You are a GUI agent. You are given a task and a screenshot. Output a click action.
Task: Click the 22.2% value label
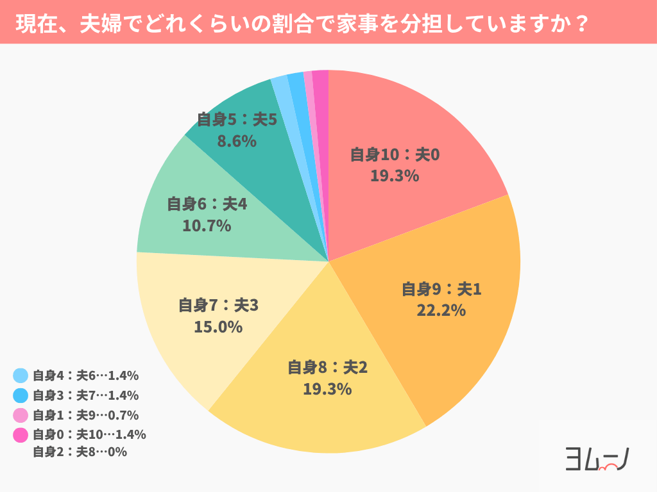click(x=441, y=311)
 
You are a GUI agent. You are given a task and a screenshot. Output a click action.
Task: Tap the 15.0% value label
click(x=218, y=327)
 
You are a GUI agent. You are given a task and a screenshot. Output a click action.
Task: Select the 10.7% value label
click(x=207, y=225)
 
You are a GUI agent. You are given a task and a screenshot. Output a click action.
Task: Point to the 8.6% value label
click(x=237, y=141)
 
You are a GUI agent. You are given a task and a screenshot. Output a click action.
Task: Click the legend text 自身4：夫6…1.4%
click(x=85, y=376)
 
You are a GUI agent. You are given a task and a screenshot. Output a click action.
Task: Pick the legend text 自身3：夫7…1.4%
click(x=85, y=395)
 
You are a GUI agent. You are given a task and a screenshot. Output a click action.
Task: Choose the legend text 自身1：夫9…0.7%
click(x=85, y=415)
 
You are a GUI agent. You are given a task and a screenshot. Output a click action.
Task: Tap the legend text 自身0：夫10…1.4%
click(x=89, y=434)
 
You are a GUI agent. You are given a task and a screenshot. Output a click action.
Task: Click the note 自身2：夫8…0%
click(x=80, y=452)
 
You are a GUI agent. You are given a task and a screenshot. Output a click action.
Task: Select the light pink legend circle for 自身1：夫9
click(x=21, y=415)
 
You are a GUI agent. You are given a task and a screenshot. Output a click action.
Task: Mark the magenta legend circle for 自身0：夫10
click(x=21, y=435)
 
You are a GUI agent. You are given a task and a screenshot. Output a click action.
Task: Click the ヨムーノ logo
click(x=595, y=459)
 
